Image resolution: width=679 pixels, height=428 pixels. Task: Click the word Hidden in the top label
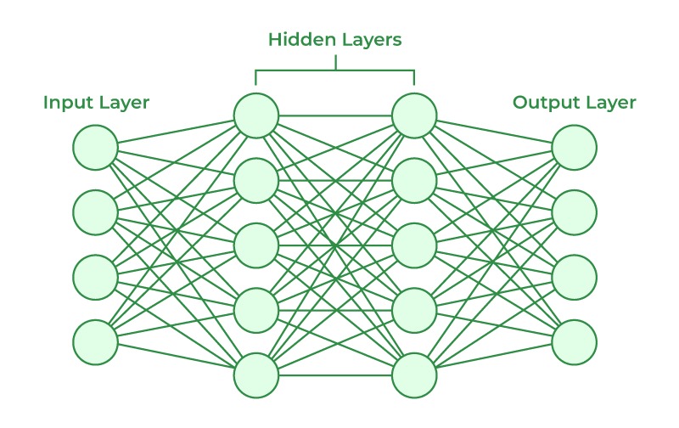[295, 39]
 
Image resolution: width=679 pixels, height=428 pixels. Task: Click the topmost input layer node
[95, 148]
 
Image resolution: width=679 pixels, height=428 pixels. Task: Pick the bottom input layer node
[95, 342]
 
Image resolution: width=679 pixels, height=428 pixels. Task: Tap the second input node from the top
[95, 212]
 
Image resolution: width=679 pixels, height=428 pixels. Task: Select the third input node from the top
[95, 277]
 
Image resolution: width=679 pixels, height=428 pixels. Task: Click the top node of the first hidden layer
[256, 115]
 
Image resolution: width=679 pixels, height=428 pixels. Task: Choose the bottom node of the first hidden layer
[256, 374]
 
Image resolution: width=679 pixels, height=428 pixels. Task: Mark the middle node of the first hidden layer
[256, 245]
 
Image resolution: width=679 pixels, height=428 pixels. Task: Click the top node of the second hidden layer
[414, 115]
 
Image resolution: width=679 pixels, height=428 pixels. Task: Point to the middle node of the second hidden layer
[414, 245]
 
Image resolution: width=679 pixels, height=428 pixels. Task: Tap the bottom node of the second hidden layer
[414, 374]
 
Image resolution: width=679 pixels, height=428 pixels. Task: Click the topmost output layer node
[575, 148]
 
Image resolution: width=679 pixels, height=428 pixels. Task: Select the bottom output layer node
[575, 342]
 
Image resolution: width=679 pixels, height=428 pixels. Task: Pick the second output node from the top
[575, 212]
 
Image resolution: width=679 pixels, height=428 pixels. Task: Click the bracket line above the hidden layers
[335, 70]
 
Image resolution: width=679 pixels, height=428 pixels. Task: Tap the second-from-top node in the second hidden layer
[414, 180]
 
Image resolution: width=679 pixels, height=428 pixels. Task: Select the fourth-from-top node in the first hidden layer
[256, 310]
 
